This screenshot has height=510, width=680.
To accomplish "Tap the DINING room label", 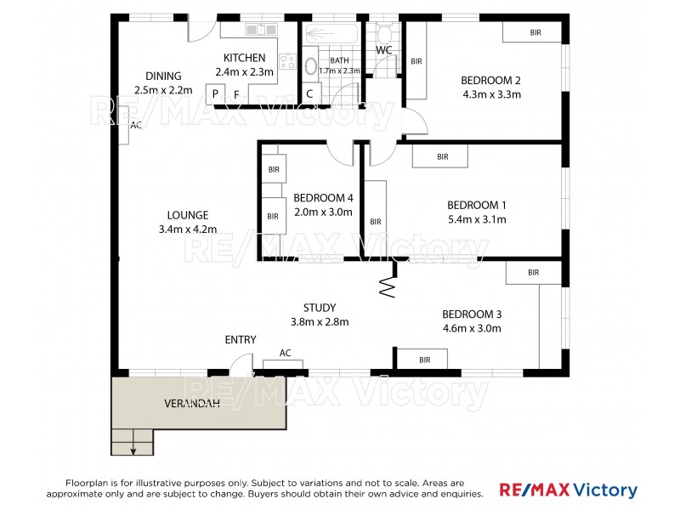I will (x=163, y=76).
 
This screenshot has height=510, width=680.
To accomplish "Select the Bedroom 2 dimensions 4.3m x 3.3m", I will (x=490, y=94).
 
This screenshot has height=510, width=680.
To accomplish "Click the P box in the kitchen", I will (x=215, y=93).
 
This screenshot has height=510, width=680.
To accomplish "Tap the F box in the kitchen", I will (x=237, y=93).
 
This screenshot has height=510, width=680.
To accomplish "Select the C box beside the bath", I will (x=309, y=93).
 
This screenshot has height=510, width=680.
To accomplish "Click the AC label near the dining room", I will (x=135, y=125).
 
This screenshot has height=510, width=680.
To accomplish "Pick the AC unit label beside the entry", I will (x=286, y=353).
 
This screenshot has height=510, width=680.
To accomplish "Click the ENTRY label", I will (x=241, y=340).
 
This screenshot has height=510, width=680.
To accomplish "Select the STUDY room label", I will (x=320, y=308).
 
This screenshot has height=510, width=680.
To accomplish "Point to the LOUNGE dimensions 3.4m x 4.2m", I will (x=188, y=229).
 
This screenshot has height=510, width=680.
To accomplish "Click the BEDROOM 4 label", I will (x=323, y=198).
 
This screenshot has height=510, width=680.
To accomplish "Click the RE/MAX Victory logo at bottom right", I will (x=568, y=490).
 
